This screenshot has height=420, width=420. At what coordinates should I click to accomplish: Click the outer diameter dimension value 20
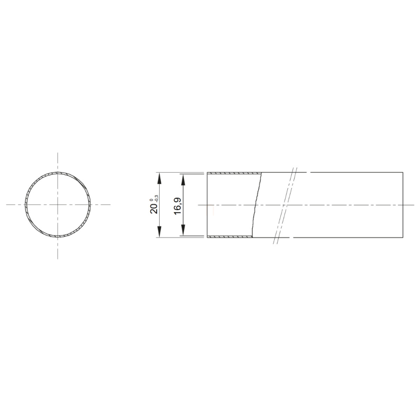click(x=154, y=209)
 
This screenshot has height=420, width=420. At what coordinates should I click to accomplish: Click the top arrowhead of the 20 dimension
click(x=159, y=178)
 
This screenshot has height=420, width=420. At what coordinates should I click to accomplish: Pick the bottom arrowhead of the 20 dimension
click(x=159, y=232)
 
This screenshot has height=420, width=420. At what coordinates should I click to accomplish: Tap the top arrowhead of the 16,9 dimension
click(x=183, y=180)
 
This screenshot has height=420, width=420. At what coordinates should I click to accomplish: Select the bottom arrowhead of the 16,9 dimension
click(x=183, y=231)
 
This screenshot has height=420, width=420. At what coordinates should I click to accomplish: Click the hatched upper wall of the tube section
click(x=235, y=173)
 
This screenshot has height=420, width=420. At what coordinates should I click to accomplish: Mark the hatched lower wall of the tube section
click(x=230, y=237)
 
